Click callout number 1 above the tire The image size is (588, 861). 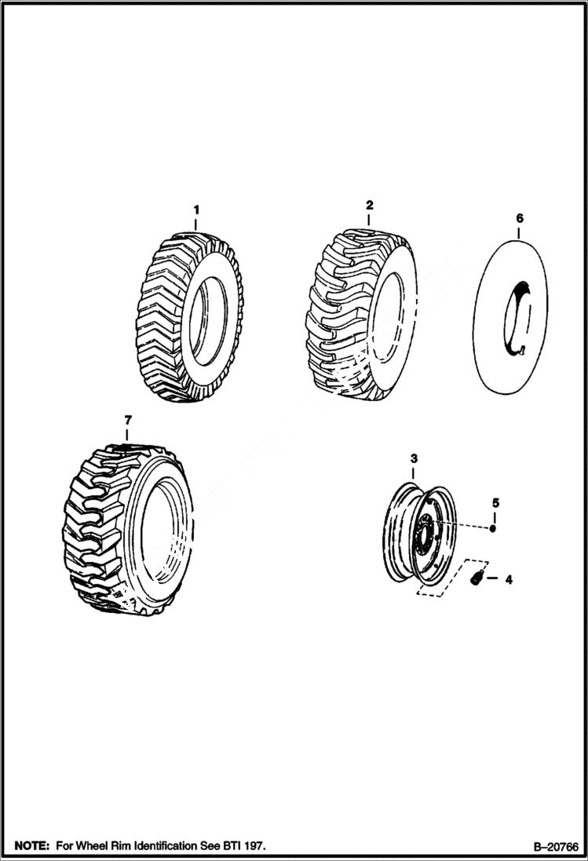(x=197, y=210)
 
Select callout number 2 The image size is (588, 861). (x=369, y=205)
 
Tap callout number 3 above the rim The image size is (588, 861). (x=415, y=458)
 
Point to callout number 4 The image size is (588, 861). (x=509, y=580)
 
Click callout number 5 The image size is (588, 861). (x=495, y=502)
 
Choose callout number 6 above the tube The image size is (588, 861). (x=519, y=218)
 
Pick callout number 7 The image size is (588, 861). (x=128, y=421)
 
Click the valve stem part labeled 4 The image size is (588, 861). (x=476, y=579)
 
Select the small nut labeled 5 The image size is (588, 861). (x=492, y=528)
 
